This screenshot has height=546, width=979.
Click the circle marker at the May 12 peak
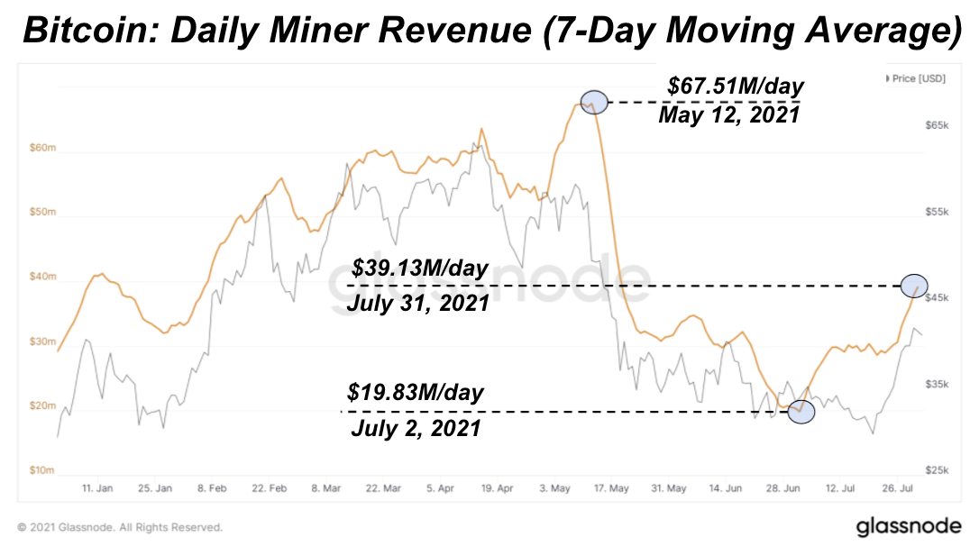[593, 103]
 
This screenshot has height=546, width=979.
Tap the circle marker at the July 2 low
[801, 412]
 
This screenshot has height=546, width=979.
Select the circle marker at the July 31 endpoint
[914, 286]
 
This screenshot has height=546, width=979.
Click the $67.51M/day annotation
[736, 86]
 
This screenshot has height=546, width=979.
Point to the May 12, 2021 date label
[728, 115]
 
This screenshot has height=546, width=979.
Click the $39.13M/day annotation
[419, 268]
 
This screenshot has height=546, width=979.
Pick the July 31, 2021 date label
[418, 303]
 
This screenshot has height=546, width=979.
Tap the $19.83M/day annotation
[416, 394]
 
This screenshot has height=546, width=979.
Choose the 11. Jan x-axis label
[96, 488]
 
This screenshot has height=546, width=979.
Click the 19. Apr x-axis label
[497, 488]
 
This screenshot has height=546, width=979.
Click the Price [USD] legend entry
[916, 78]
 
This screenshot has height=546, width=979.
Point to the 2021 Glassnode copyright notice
[120, 527]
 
